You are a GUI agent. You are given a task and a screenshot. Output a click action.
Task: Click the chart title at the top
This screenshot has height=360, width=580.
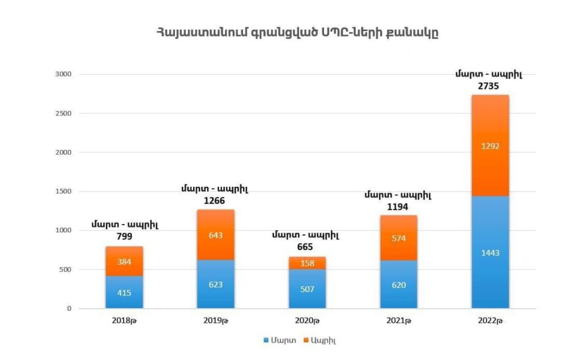(x=297, y=33)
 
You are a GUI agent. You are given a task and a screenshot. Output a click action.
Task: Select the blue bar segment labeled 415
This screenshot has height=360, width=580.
(x=124, y=292)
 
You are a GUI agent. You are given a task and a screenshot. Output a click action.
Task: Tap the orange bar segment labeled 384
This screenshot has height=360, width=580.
(x=124, y=262)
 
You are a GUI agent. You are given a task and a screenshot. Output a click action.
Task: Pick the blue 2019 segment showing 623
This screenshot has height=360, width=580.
(x=216, y=284)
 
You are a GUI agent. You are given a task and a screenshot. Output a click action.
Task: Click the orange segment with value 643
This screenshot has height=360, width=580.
(x=216, y=234)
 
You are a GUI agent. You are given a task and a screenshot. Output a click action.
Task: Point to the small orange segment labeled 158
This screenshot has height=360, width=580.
(x=308, y=263)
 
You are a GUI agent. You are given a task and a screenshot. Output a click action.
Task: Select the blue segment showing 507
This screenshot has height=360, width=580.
(x=308, y=289)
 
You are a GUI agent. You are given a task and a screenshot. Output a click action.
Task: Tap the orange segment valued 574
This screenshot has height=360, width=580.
(x=399, y=238)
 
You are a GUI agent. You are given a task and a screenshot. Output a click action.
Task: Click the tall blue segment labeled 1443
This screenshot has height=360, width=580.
(x=490, y=252)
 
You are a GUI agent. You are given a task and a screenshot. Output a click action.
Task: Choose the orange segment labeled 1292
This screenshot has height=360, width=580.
(x=490, y=145)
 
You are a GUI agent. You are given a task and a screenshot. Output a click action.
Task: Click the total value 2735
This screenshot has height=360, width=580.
(x=490, y=85)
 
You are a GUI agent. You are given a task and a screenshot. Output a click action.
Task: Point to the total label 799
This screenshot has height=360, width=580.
(x=124, y=236)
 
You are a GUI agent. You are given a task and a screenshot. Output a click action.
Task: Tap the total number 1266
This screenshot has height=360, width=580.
(x=216, y=200)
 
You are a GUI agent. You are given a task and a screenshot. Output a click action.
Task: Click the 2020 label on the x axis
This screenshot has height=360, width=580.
(x=308, y=321)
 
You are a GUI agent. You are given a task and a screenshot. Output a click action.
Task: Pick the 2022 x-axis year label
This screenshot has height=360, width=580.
(x=491, y=321)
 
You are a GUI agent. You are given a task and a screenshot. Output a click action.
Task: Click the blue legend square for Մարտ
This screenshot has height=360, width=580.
(x=266, y=340)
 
